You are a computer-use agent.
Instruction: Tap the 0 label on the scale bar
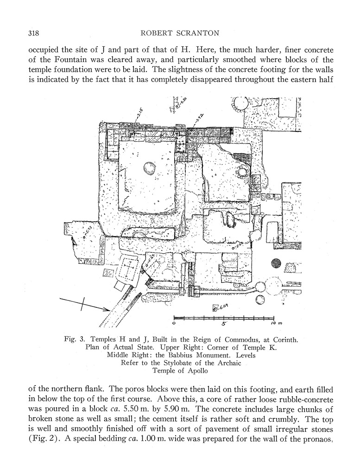tap(174, 324)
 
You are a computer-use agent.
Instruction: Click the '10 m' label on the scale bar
tap(276, 323)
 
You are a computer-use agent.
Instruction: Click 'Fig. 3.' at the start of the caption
tap(75, 339)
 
